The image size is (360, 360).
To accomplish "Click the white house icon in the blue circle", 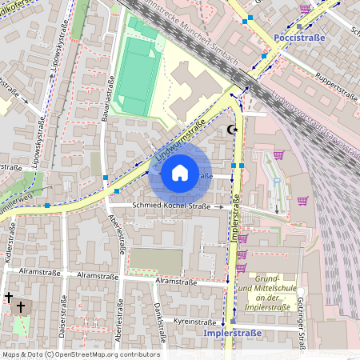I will [x=180, y=172].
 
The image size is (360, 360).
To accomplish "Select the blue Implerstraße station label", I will [x=233, y=332].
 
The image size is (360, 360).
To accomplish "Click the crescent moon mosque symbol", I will [x=233, y=129].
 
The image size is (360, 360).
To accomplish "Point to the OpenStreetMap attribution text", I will [x=80, y=354].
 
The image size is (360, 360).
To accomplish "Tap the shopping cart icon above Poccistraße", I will [x=304, y=9].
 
